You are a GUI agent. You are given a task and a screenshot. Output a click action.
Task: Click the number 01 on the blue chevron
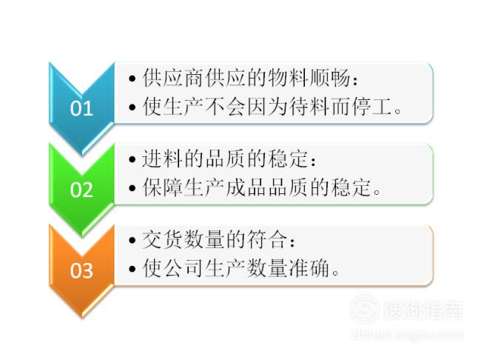(81, 108)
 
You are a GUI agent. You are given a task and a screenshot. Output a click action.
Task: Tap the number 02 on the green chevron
(81, 189)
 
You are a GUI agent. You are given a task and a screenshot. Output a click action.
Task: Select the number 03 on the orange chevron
(81, 270)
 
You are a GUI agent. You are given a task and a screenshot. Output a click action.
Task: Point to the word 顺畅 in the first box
(329, 78)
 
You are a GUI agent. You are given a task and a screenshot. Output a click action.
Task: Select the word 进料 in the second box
(163, 159)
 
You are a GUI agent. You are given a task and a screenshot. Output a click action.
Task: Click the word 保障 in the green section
(163, 187)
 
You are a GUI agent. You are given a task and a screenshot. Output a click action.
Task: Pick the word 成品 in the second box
(246, 187)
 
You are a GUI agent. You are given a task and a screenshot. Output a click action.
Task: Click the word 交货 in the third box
(163, 239)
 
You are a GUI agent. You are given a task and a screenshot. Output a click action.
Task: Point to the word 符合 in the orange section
(267, 239)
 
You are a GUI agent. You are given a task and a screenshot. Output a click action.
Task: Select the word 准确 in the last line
(309, 268)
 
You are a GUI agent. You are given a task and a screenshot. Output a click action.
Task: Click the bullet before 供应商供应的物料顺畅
(132, 79)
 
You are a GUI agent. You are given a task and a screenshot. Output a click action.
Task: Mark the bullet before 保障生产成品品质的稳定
(132, 188)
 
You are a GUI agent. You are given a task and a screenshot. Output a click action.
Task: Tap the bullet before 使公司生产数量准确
(132, 269)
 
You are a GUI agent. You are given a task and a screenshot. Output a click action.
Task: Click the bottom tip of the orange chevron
(82, 318)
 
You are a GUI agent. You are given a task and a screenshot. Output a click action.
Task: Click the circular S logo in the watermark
(364, 309)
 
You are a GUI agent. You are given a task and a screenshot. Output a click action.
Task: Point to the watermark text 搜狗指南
(423, 310)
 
